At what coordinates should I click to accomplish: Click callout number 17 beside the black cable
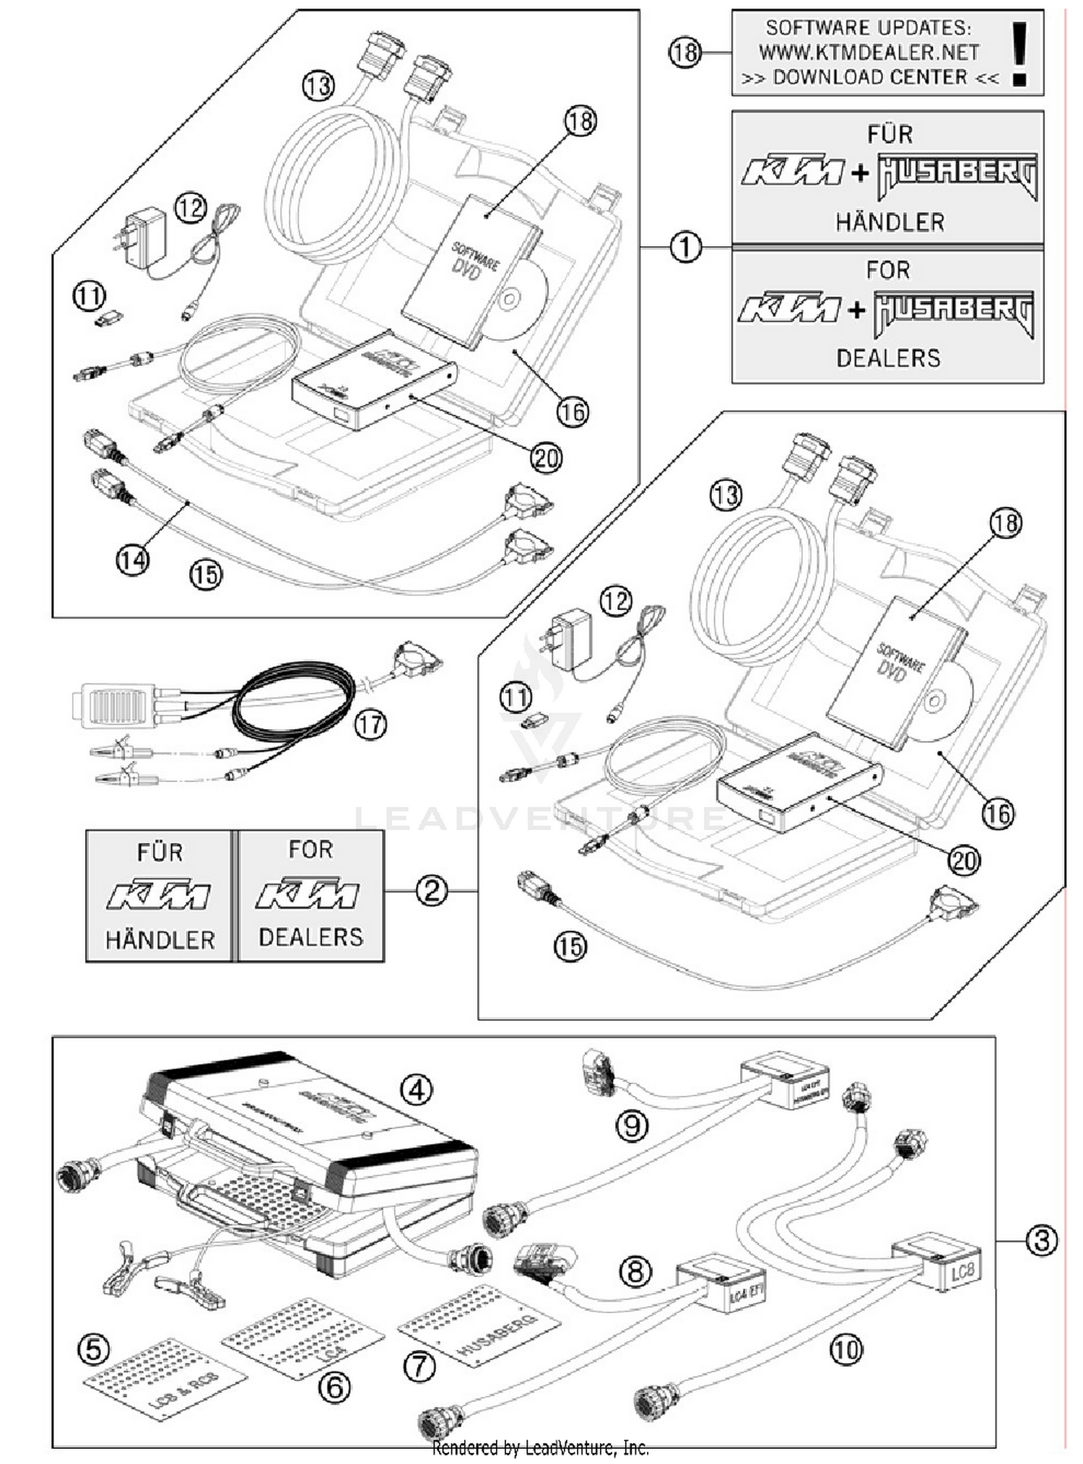click(370, 724)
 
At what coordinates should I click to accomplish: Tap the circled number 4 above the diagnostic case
click(417, 1089)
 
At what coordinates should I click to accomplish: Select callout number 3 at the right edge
click(1041, 1241)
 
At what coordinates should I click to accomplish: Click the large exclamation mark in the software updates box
click(1019, 53)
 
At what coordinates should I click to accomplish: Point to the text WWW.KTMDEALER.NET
click(869, 53)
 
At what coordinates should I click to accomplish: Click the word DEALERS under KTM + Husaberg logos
click(888, 358)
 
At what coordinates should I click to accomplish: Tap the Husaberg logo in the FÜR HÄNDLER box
click(957, 175)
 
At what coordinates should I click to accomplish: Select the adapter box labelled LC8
click(936, 1264)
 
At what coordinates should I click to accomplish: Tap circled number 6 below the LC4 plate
click(334, 1387)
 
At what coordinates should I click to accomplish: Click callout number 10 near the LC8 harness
click(845, 1349)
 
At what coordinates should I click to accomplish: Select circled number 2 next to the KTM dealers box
click(431, 891)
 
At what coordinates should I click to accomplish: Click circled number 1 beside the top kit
click(685, 247)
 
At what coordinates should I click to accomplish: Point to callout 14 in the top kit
click(133, 560)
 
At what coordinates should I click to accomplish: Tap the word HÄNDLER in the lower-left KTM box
click(160, 940)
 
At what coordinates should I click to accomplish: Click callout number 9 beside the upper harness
click(632, 1125)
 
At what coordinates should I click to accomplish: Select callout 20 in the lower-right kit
click(963, 860)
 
